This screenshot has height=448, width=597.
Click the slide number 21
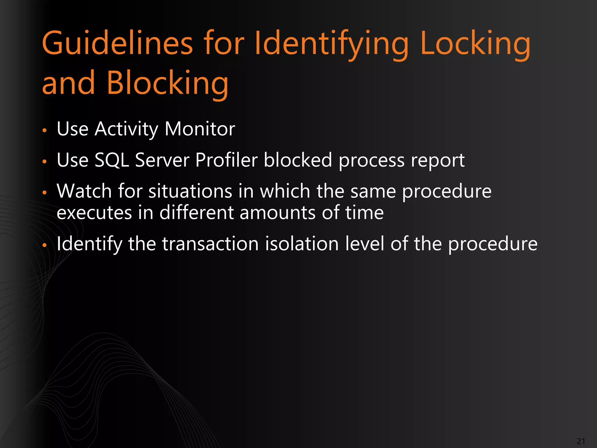click(x=581, y=441)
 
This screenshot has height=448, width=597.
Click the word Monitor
click(x=200, y=129)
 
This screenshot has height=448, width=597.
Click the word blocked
click(x=298, y=160)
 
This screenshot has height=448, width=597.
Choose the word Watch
click(x=84, y=191)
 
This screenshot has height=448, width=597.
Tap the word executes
click(x=94, y=213)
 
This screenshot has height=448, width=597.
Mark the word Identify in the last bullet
click(x=89, y=244)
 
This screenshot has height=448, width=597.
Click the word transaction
click(x=210, y=244)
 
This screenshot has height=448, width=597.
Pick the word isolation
click(x=302, y=244)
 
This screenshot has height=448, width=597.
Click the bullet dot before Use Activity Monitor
click(x=45, y=130)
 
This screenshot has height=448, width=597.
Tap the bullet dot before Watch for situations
click(x=45, y=192)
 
